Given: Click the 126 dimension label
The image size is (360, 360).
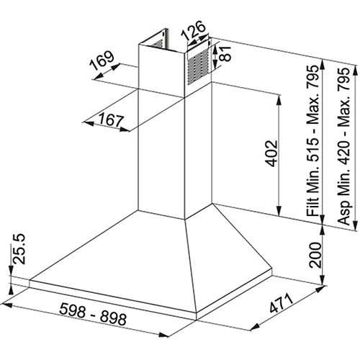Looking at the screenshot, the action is tap(194, 30).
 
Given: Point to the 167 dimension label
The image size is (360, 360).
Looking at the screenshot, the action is tap(112, 120).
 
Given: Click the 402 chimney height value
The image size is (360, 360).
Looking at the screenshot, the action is tap(271, 153).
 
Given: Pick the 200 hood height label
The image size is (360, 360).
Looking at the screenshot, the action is tap(315, 255).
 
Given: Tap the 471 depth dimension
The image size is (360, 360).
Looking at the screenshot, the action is tap(282, 303).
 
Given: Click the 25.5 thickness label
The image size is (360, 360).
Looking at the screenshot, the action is tap(19, 248).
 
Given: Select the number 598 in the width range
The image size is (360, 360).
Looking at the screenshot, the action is tap(72, 310).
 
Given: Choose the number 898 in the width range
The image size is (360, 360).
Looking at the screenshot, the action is tap(113, 318).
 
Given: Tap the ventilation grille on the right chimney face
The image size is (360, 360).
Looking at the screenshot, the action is tap(198, 67).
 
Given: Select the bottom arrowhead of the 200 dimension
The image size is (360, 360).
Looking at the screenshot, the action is tap(323, 280).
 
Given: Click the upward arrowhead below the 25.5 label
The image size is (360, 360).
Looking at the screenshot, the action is tap(11, 289).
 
